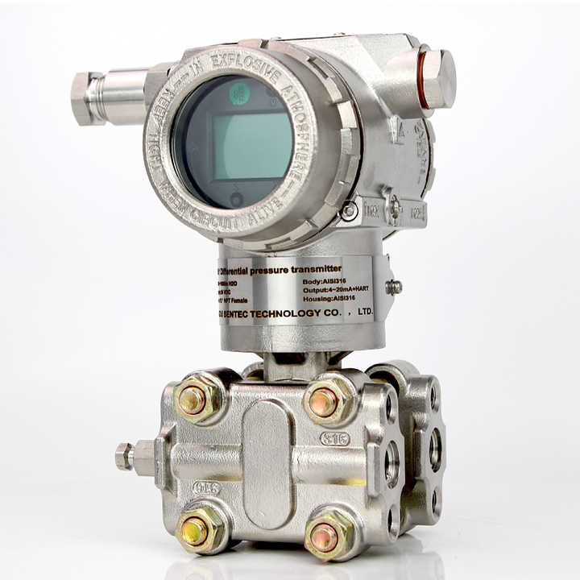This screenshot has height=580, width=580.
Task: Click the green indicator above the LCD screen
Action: click(x=239, y=93)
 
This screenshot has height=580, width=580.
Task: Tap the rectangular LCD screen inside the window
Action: click(x=252, y=146)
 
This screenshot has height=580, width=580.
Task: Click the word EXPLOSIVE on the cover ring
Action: click(x=256, y=67)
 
